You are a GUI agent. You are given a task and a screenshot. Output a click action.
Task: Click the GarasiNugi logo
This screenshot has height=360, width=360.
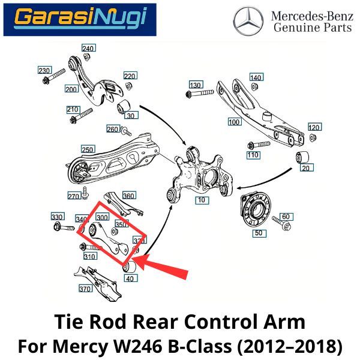(x=80, y=19)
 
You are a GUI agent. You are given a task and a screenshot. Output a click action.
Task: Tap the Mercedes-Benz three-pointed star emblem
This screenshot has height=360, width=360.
(x=248, y=20)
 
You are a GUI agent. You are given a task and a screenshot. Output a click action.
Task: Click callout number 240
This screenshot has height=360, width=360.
(x=88, y=48)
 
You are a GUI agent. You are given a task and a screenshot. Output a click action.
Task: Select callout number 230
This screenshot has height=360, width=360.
(x=44, y=71)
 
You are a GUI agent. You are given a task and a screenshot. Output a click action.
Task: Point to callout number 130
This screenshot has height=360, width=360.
(x=196, y=85)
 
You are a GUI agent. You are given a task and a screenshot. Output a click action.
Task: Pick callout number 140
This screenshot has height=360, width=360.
(x=256, y=77)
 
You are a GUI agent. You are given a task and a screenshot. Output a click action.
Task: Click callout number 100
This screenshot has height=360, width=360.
(x=234, y=122)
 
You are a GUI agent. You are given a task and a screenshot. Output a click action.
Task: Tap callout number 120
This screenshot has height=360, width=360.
(x=314, y=128)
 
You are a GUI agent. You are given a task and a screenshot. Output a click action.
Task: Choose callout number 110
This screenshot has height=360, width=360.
(x=253, y=155)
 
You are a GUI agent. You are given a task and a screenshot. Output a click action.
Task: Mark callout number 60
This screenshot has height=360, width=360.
(x=286, y=217)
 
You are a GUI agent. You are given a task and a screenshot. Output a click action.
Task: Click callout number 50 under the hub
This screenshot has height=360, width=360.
(x=259, y=232)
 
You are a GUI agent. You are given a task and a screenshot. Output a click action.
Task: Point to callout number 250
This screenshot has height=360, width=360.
(x=88, y=149)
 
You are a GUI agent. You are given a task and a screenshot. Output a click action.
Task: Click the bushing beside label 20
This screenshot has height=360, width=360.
(x=304, y=158)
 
